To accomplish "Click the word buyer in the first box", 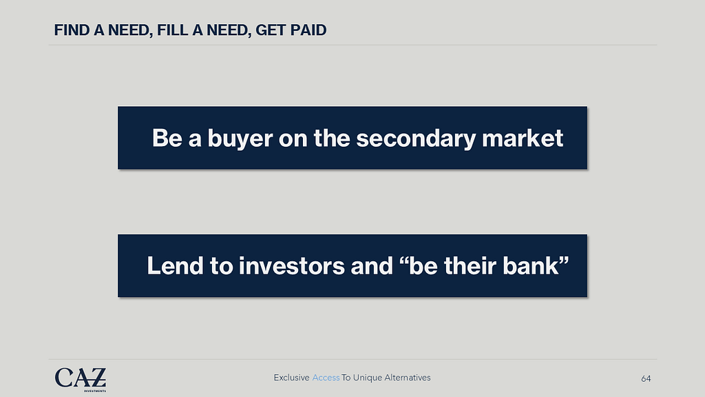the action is click(240, 139).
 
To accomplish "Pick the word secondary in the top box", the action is click(416, 138).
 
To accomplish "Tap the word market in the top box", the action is click(523, 138).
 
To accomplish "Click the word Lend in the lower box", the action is click(176, 265).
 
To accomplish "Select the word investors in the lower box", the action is click(292, 266).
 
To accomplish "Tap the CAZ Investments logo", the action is click(81, 379).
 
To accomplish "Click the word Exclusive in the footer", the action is click(291, 378).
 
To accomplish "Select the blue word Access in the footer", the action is click(326, 378).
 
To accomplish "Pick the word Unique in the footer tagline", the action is click(367, 378).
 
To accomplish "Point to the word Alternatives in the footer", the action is click(408, 378).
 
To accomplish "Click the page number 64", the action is click(646, 379).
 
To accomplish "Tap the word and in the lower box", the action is click(371, 265).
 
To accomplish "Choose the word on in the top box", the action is click(293, 139).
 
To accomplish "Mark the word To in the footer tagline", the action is click(346, 378).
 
